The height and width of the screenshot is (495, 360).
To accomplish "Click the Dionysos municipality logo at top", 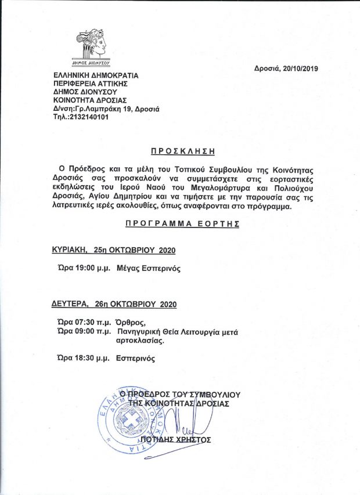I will point(93,47).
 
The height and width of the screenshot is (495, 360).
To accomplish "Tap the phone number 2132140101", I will point(88,117).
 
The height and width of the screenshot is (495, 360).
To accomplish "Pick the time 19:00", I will point(85,268).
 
